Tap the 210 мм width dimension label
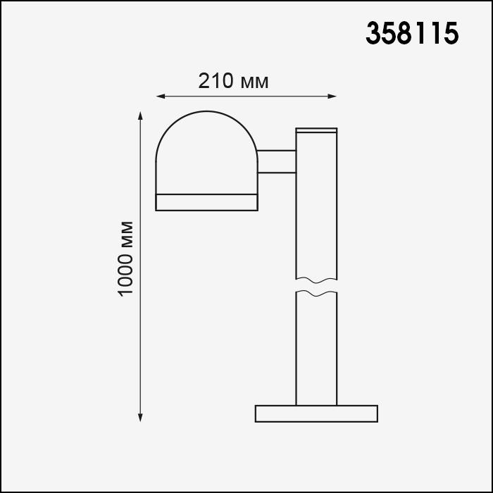[x=233, y=81]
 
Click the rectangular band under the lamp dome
[x=207, y=201]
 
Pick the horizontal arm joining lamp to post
[x=277, y=161]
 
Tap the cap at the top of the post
[x=316, y=130]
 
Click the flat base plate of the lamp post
[x=316, y=413]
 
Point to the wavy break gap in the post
[x=316, y=285]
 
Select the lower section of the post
[x=316, y=349]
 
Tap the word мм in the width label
[x=254, y=81]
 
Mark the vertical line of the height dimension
[x=142, y=317]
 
